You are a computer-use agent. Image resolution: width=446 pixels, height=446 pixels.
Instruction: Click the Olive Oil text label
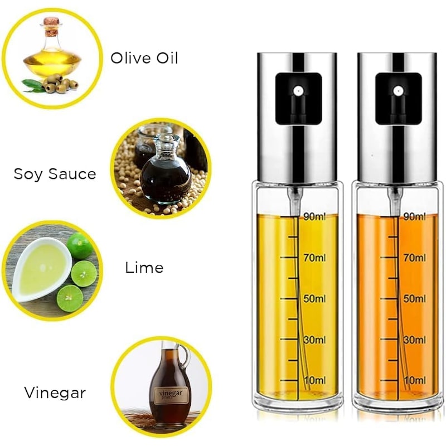point(144,58)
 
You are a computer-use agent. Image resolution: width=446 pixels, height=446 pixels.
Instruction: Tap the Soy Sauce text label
point(55,174)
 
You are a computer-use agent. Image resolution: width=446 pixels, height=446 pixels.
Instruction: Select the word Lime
point(144,268)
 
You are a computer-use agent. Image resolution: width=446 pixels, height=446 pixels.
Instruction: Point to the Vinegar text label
point(55,393)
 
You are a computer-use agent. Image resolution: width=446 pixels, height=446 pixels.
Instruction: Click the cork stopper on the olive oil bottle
point(51,22)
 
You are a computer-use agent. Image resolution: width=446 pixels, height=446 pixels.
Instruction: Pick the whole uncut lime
point(80,245)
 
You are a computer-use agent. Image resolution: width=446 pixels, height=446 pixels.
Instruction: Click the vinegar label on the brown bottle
point(171,395)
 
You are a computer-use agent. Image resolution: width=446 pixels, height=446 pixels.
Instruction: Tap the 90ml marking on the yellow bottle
point(314,217)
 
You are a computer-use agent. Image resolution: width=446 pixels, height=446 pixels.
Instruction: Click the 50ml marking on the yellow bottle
point(314,299)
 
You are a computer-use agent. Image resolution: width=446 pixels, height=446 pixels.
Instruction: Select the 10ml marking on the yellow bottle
point(315,380)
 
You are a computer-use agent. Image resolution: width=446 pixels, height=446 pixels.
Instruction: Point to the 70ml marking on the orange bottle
point(415,258)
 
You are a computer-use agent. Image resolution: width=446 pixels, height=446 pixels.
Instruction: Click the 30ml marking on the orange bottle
point(415,340)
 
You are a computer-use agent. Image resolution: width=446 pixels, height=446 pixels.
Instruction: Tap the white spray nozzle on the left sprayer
point(298,91)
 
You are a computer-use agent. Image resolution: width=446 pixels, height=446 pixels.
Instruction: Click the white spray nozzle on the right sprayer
point(397,91)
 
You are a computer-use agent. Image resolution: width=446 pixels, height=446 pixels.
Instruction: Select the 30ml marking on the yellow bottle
point(314,340)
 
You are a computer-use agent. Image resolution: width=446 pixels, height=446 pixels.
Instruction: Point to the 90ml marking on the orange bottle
point(415,217)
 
